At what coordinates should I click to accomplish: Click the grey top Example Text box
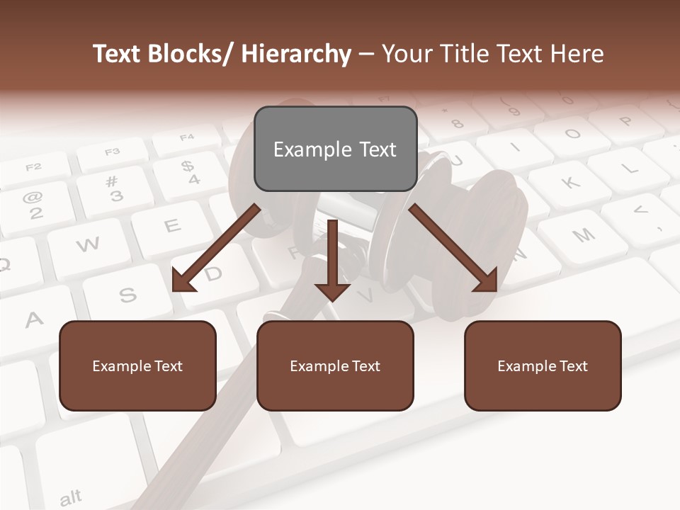(x=335, y=149)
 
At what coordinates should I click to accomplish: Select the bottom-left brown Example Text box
(x=137, y=365)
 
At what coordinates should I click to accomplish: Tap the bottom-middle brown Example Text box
(x=334, y=365)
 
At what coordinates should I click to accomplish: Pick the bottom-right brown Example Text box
(x=543, y=365)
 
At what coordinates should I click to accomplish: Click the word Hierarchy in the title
(x=295, y=54)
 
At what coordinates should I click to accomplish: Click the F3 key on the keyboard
(x=113, y=152)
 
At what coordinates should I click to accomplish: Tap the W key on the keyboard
(x=88, y=245)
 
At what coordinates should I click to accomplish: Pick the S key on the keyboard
(x=127, y=293)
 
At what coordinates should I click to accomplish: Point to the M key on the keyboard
(x=583, y=236)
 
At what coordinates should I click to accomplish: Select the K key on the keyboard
(x=571, y=183)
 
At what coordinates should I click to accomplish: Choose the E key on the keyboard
(x=172, y=226)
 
